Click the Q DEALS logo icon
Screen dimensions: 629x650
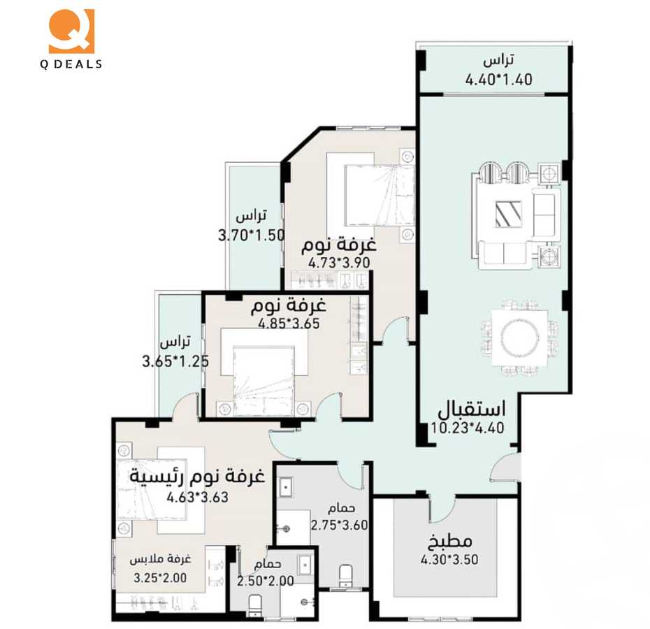click(71, 31)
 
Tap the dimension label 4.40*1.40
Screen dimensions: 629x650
click(498, 80)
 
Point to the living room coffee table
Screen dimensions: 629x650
click(508, 213)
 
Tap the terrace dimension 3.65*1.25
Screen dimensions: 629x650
click(175, 362)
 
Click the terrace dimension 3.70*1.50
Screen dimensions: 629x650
click(252, 236)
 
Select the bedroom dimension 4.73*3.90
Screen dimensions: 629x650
click(338, 263)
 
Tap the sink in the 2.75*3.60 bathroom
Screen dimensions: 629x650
click(287, 486)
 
